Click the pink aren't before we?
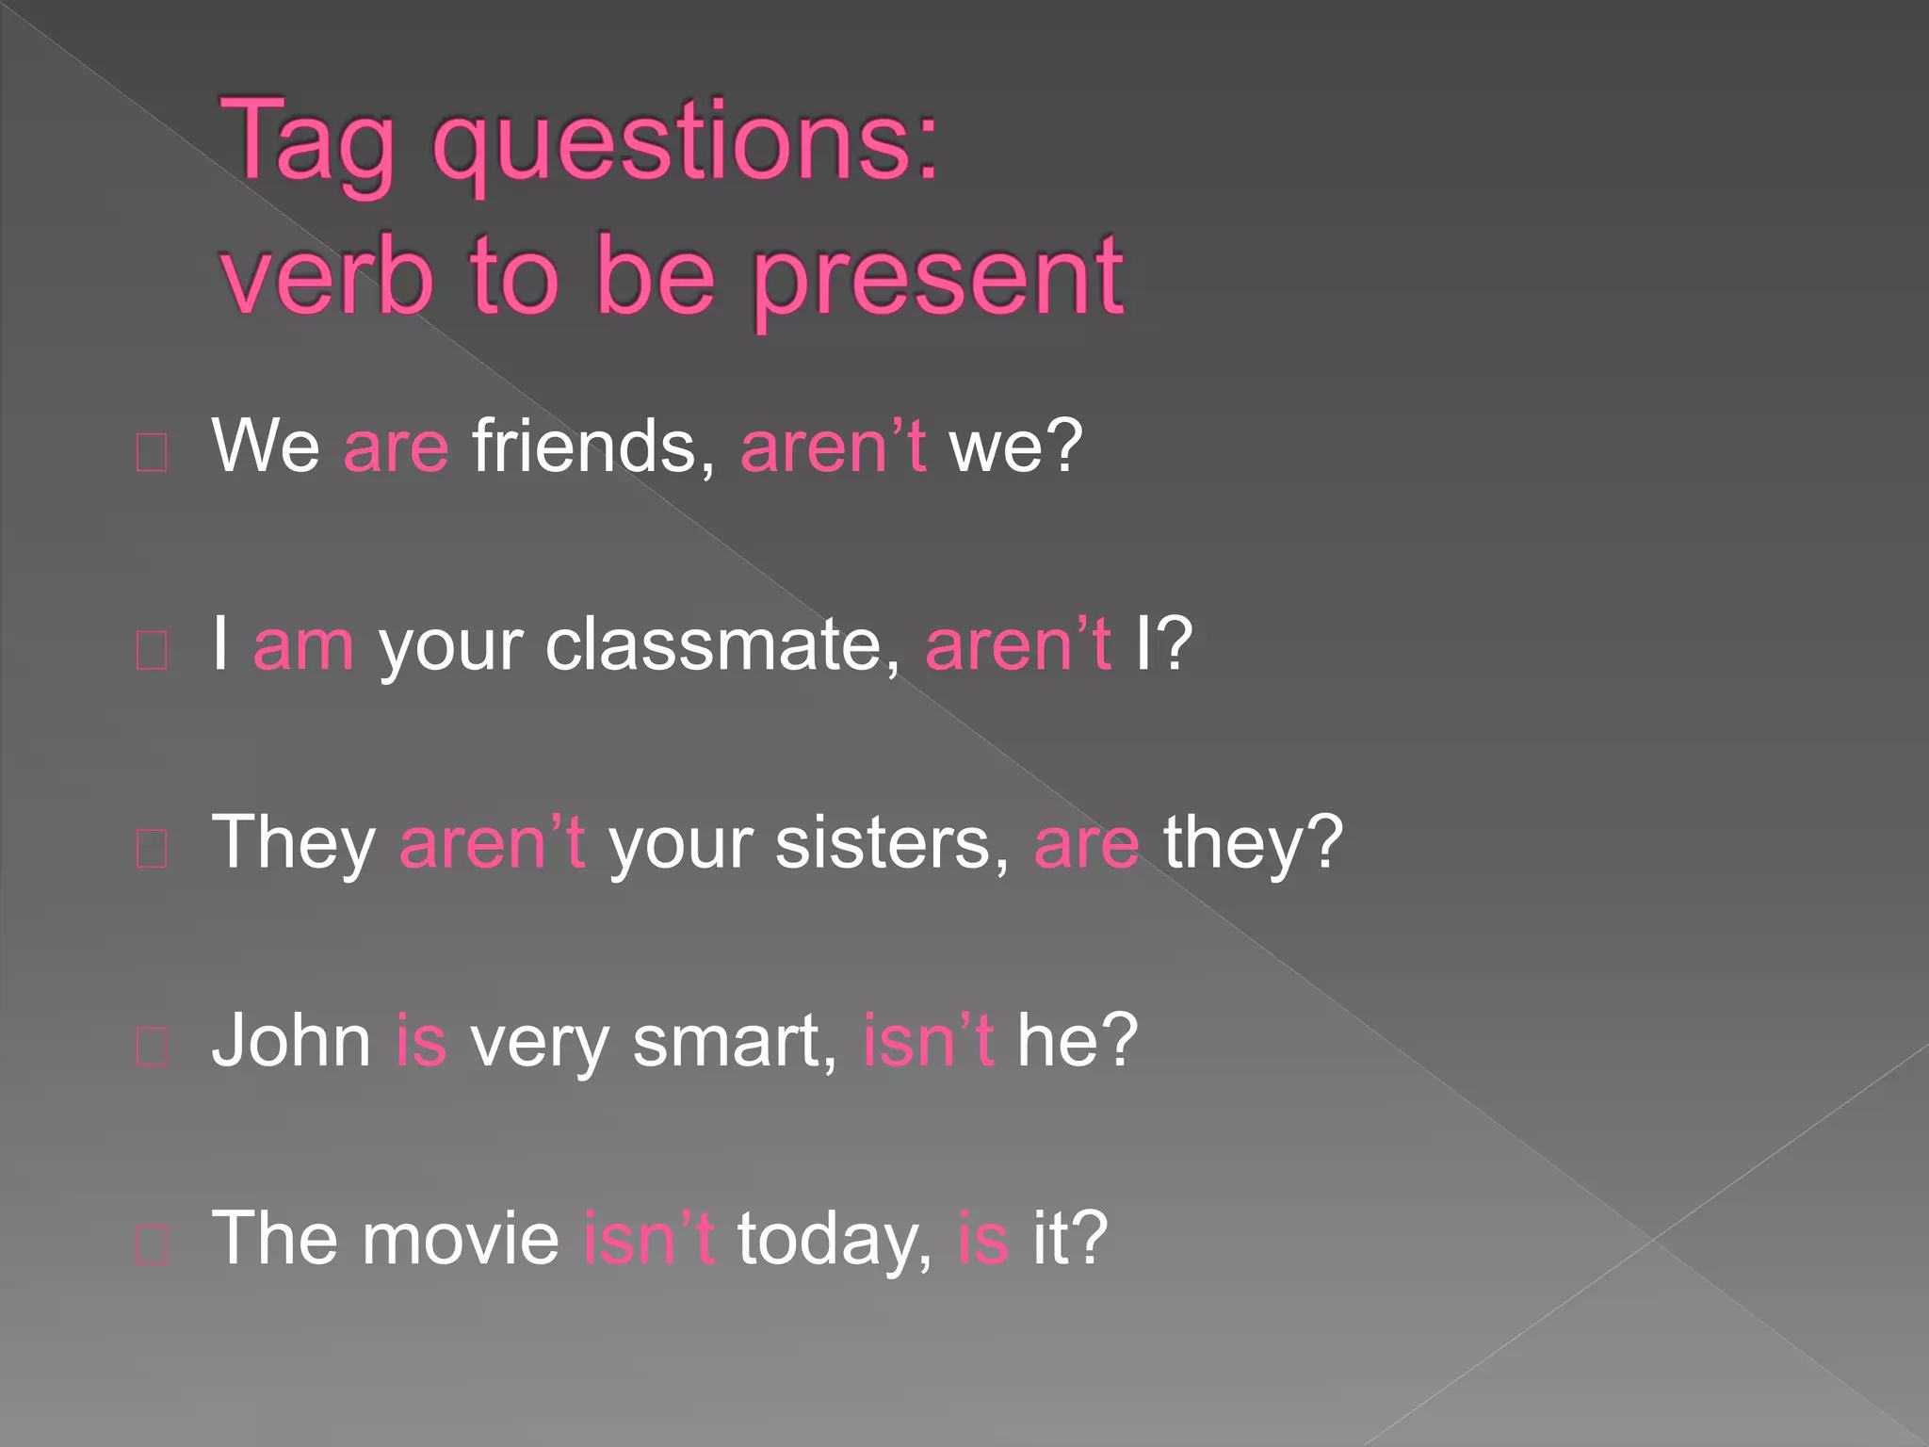833,447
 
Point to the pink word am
303,645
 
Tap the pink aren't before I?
1018,645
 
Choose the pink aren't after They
492,843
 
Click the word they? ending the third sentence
1253,843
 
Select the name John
292,1041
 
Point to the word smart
734,1041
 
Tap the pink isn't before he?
928,1041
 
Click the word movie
462,1239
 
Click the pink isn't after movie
649,1239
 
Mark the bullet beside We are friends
152,453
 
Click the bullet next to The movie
152,1245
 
